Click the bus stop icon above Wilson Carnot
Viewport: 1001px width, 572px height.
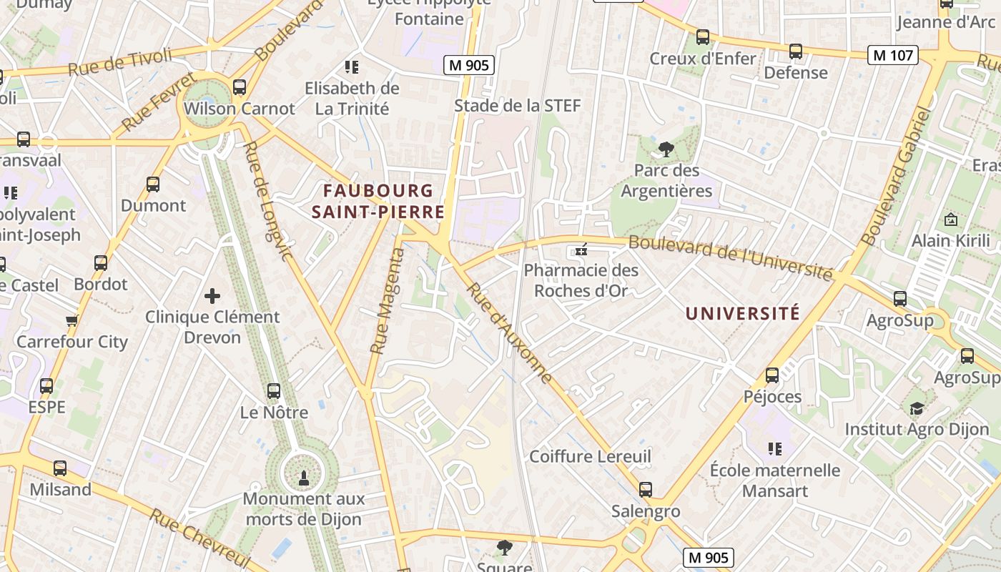point(240,87)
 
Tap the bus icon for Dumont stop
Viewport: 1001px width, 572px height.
point(153,184)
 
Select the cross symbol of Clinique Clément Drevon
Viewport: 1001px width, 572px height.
point(212,295)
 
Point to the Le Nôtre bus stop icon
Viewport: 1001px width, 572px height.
point(274,391)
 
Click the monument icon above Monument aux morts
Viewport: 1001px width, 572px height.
point(303,477)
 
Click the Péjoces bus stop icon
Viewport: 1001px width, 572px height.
point(772,375)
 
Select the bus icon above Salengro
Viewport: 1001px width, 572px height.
point(646,490)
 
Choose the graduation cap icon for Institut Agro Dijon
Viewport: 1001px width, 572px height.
point(917,408)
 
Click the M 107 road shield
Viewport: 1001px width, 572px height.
point(893,55)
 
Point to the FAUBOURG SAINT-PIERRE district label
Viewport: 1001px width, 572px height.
point(378,202)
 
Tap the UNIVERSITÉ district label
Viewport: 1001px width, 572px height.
point(743,313)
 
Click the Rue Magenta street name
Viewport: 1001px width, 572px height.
point(387,301)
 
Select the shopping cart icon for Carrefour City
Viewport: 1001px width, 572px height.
point(71,321)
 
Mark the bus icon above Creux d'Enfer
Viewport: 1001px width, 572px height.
point(703,37)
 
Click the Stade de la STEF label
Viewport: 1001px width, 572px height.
point(518,106)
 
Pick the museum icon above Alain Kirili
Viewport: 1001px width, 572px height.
point(951,220)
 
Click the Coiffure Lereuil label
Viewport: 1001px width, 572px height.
point(590,456)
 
